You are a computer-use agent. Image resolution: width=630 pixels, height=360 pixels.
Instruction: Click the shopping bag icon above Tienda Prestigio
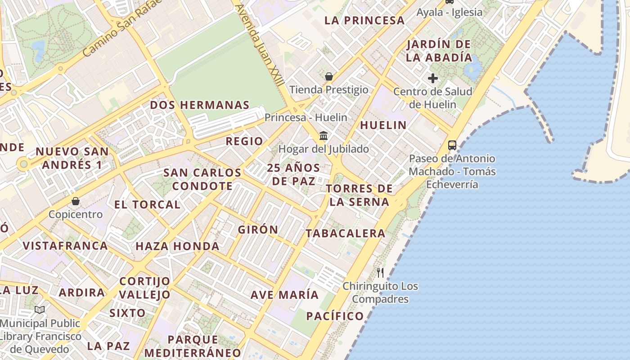pos(329,76)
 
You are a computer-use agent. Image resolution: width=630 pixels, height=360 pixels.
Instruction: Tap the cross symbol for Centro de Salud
pos(433,78)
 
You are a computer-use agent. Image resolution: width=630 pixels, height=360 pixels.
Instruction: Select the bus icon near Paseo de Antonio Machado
pos(452,145)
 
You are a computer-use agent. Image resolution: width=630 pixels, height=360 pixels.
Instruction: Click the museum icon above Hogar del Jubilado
pos(324,135)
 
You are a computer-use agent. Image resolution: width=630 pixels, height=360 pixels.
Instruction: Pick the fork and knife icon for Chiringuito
pos(380,272)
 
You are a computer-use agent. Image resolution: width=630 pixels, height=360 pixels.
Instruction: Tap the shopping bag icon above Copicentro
pos(76,201)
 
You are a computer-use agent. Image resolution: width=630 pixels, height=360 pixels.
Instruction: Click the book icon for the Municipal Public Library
pos(40,310)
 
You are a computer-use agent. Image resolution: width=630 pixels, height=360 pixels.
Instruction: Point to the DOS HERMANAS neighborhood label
pos(199,105)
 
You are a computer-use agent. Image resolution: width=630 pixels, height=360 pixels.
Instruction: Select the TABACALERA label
pos(345,233)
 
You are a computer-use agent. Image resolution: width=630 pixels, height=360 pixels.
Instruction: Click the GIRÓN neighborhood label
pos(258,229)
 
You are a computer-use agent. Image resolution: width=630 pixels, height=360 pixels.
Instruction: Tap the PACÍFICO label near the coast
pos(335,316)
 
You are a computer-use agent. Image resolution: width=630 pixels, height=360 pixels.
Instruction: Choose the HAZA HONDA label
pos(177,246)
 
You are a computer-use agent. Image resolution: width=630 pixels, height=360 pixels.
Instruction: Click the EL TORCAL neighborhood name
pos(147,205)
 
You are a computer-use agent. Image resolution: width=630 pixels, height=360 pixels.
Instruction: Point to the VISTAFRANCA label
pos(65,246)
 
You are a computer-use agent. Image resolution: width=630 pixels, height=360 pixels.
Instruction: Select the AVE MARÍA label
pos(284,295)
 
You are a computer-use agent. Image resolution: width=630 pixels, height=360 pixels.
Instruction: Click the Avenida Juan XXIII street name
pos(260,45)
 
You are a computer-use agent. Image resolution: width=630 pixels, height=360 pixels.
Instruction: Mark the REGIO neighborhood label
pos(244,141)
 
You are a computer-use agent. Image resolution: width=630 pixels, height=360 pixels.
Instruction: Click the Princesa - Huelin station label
pos(306,117)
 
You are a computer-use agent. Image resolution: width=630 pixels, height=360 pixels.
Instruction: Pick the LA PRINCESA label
pos(364,20)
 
